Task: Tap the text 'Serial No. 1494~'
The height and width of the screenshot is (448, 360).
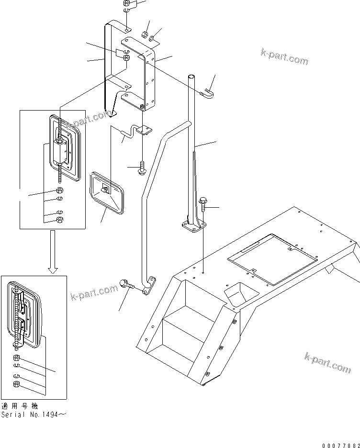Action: [x=33, y=414]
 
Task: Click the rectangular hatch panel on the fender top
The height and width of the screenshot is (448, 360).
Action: [x=271, y=254]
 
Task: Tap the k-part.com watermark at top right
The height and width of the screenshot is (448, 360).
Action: [x=284, y=56]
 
